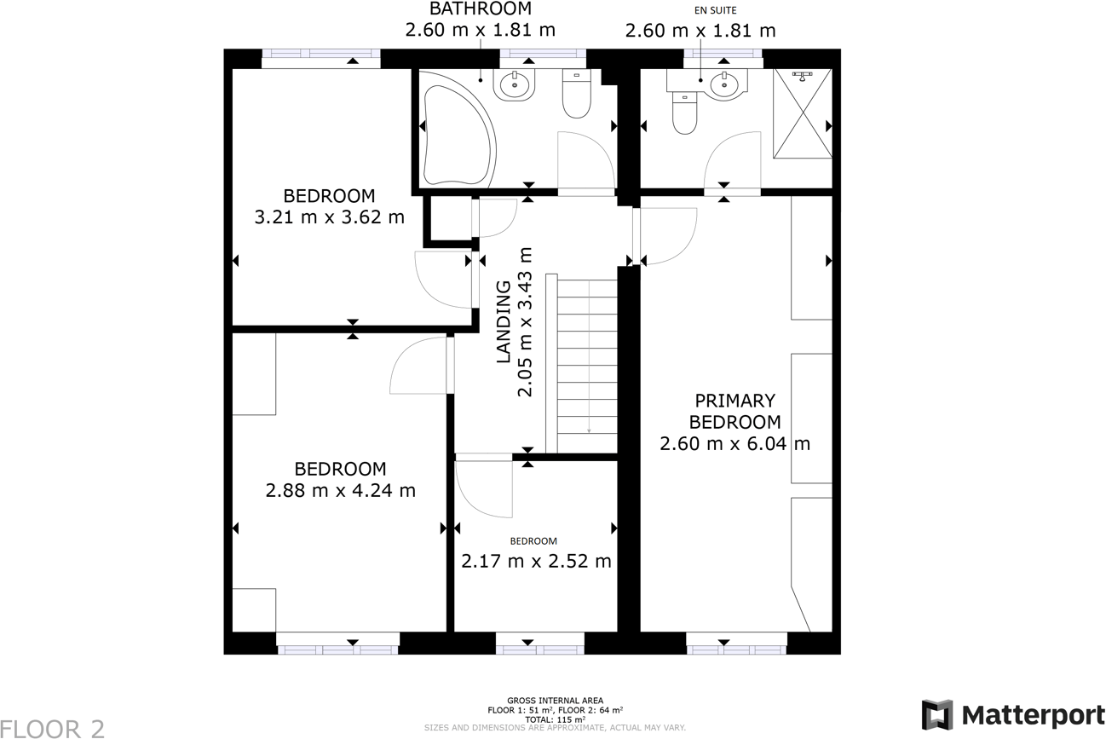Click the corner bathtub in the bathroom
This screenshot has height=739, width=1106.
tap(455, 128)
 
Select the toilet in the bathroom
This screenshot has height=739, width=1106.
tap(577, 95)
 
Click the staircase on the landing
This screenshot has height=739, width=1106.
tap(587, 367)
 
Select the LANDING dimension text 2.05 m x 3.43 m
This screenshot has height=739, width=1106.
tap(526, 322)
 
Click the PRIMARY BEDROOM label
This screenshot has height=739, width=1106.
tap(734, 411)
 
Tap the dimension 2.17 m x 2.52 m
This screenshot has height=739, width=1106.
tap(536, 562)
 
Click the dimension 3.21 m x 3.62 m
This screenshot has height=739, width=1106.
tap(330, 217)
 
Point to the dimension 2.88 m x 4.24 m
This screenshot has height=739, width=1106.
tap(340, 490)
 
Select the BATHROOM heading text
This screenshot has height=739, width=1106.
tap(480, 9)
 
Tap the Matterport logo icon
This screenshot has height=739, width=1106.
tap(937, 715)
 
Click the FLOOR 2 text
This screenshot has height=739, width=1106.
tap(53, 728)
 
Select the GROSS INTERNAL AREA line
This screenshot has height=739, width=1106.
tap(555, 700)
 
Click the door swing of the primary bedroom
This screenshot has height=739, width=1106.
tap(668, 236)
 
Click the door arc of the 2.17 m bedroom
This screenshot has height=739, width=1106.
tap(484, 488)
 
